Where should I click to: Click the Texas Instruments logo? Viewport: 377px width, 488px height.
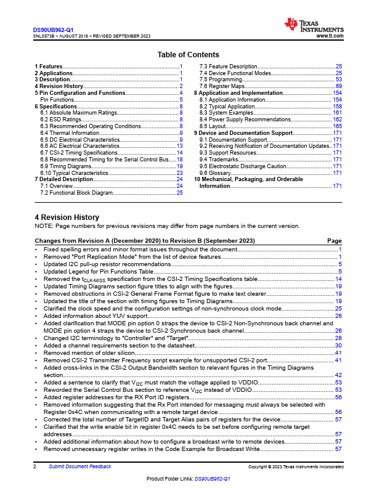pyautogui.click(x=314, y=25)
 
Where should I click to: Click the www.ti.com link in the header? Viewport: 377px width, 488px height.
pyautogui.click(x=330, y=36)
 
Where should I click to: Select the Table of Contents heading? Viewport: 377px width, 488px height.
pyautogui.click(x=188, y=55)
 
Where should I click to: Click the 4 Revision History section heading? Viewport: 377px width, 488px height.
pyautogui.click(x=67, y=218)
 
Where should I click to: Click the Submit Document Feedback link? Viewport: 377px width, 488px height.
pyautogui.click(x=79, y=466)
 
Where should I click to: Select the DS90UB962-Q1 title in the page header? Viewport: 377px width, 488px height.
pyautogui.click(x=53, y=30)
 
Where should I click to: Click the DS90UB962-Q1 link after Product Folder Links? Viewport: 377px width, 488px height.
pyautogui.click(x=212, y=479)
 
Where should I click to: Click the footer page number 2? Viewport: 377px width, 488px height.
pyautogui.click(x=34, y=466)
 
